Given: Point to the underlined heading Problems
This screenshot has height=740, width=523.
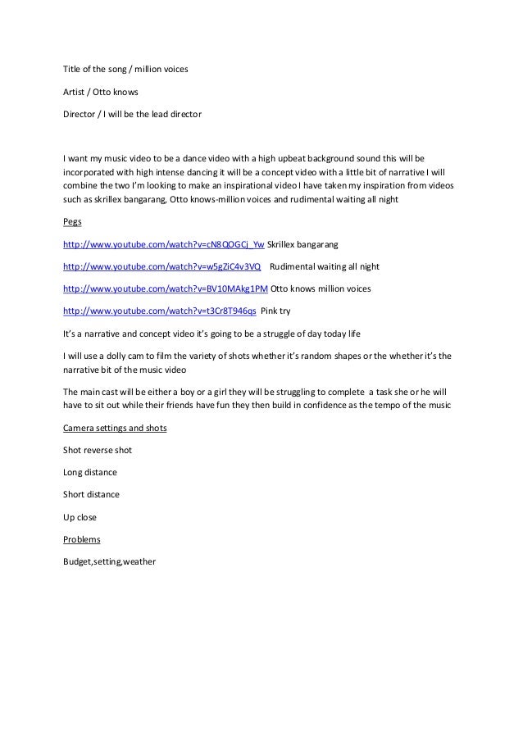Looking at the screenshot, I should point(82,539).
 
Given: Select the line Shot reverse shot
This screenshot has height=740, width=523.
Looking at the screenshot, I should point(98,450).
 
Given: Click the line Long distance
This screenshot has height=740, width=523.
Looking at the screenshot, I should point(90,472).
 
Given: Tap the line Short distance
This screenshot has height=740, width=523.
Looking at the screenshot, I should point(91,495).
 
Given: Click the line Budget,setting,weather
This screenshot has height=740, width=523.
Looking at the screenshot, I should point(109,561).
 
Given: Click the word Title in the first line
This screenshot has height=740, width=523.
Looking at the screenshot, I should point(73,70).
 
